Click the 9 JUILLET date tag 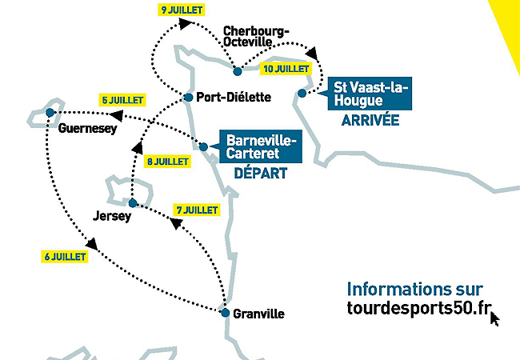pos(182,10)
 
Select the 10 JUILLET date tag pos(286,70)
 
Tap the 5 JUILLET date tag pos(122,101)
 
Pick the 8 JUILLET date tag pos(168,161)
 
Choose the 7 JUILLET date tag pos(197,210)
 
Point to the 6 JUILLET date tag pos(64,257)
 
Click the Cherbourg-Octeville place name pos(256,35)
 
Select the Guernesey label pos(88,128)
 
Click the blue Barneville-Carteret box pos(260,146)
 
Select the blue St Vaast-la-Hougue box pos(370,94)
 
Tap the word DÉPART pos(260,173)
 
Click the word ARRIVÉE pos(370,121)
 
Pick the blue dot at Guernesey pos(50,112)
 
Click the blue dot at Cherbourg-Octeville pos(238,71)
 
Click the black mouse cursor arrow pos(494,318)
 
